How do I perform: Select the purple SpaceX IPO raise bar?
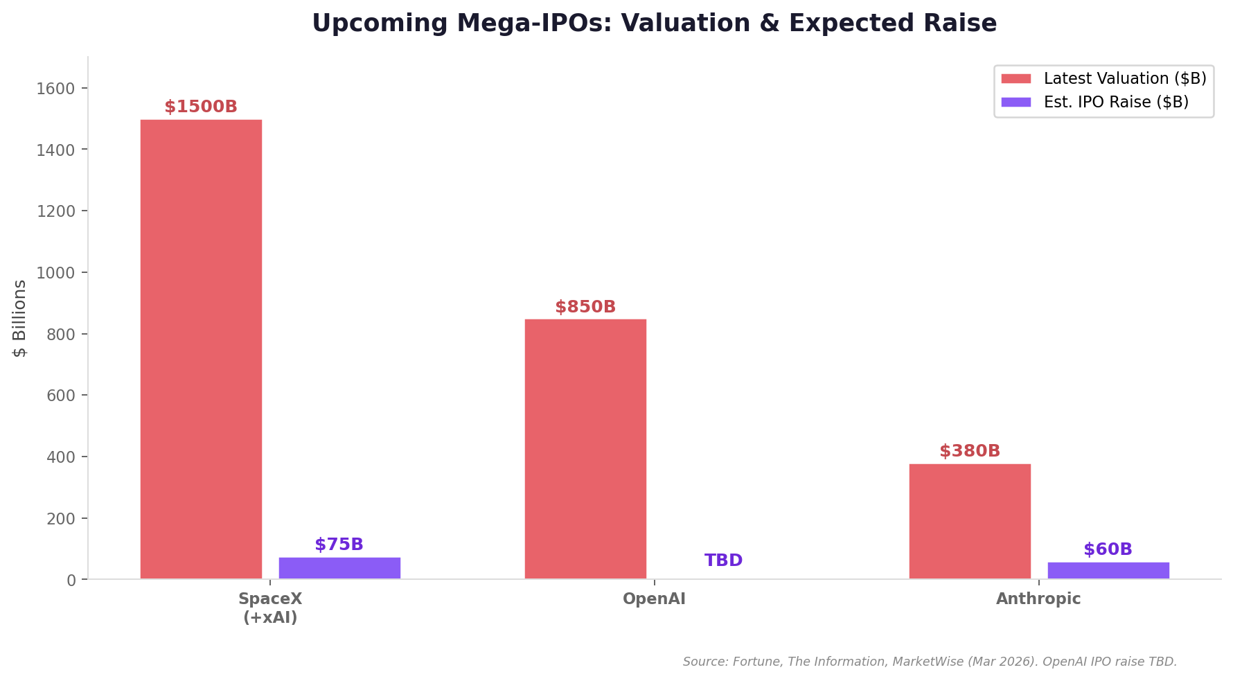coord(339,568)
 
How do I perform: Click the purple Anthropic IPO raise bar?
coord(1108,570)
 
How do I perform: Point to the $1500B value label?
coord(201,107)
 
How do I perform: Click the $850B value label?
coord(585,307)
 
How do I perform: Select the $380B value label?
coord(970,451)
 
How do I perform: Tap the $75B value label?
coord(339,545)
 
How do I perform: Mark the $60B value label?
coord(1108,549)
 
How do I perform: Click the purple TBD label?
coord(724,560)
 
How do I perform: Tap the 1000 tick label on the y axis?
coord(55,273)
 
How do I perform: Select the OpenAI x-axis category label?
coord(654,599)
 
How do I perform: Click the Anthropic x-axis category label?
coord(1038,599)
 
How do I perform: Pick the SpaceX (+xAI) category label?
coord(270,608)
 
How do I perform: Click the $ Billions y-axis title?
coord(19,319)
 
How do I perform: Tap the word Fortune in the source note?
coord(756,662)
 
